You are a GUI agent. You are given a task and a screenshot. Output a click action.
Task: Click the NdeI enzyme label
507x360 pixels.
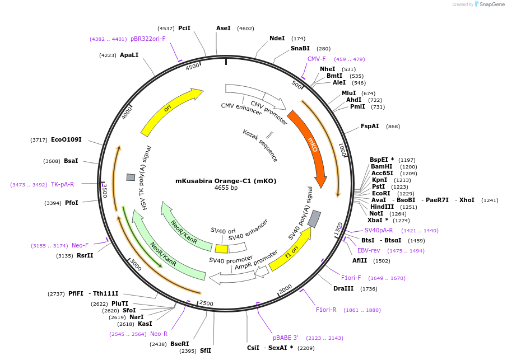click(277, 39)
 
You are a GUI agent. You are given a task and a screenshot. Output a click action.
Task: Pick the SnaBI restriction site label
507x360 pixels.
click(300, 49)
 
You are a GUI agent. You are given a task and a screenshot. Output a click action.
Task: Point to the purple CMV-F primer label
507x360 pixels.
click(317, 59)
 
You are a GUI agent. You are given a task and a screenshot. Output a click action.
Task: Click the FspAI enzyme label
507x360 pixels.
click(370, 127)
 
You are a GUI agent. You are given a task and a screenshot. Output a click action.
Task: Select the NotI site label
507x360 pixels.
click(376, 213)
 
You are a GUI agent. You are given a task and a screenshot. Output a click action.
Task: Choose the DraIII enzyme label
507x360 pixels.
click(343, 289)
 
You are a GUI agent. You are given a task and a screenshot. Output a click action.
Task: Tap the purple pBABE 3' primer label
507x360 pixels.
click(286, 338)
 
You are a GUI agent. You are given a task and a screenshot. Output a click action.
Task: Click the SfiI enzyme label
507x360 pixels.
click(206, 351)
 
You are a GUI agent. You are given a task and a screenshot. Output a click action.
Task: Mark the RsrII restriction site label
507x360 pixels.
click(85, 256)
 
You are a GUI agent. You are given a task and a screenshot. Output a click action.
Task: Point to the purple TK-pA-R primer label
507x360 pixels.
click(62, 184)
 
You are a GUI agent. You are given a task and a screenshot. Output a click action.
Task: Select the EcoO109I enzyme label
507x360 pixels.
click(66, 139)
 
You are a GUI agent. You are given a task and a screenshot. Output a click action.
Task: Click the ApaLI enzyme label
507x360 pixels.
click(129, 55)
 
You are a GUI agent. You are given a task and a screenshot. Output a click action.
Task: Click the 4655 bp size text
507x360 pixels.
click(226, 188)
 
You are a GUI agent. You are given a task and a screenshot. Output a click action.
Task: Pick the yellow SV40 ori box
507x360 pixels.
click(221, 249)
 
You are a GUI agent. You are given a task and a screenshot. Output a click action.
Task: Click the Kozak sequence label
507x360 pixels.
click(260, 146)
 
